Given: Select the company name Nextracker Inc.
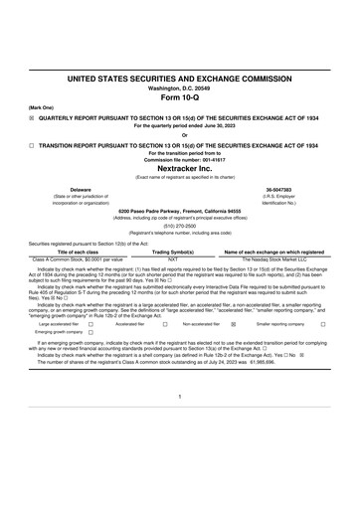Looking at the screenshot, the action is (x=179, y=168).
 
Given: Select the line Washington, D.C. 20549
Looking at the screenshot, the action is (x=179, y=87).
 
